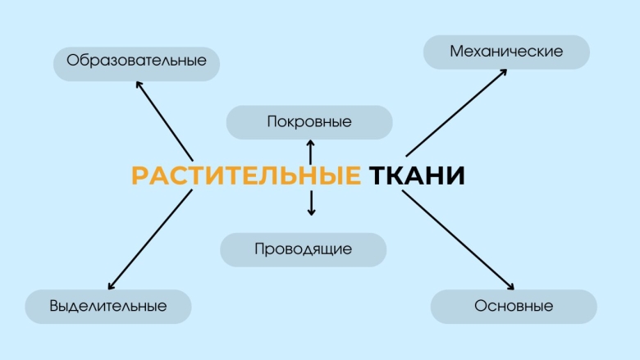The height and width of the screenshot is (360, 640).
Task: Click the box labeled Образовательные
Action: (136, 61)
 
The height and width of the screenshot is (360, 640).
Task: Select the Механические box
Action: (506, 51)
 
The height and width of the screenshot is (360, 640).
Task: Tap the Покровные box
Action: (309, 122)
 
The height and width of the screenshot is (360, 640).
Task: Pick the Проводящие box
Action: (303, 249)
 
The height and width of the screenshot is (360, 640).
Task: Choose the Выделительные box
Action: (107, 306)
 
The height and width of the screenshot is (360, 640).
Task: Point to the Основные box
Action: (514, 306)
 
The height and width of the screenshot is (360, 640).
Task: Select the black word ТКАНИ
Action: (417, 176)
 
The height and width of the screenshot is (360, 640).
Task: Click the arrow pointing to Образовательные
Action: (164, 119)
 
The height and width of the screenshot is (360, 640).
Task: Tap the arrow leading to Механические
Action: (455, 112)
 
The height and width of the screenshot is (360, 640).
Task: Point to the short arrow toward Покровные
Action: (310, 153)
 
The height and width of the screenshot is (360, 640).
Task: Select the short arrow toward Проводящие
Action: (311, 203)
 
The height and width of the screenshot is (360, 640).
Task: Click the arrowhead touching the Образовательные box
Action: (139, 83)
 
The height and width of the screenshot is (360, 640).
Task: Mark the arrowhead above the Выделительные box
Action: (111, 285)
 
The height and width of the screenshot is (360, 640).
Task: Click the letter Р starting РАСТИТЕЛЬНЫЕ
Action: (139, 176)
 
